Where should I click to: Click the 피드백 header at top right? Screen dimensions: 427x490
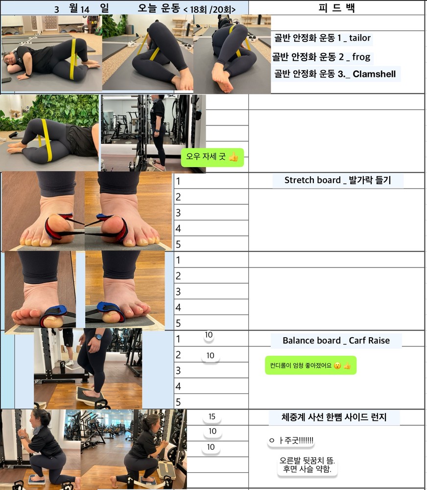pyautogui.click(x=336, y=7)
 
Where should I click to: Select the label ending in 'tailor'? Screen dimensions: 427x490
pyautogui.click(x=322, y=38)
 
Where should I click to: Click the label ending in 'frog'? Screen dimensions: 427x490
pyautogui.click(x=321, y=57)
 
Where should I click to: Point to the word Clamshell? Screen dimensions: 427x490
pyautogui.click(x=374, y=74)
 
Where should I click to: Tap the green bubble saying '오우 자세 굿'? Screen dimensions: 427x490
pyautogui.click(x=213, y=157)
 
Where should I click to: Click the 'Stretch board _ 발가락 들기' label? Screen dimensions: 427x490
pyautogui.click(x=337, y=180)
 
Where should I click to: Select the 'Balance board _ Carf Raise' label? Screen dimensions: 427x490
pyautogui.click(x=336, y=341)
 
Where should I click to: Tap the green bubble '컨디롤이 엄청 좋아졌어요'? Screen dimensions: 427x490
pyautogui.click(x=310, y=366)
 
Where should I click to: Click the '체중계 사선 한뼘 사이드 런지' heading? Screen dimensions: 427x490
pyautogui.click(x=334, y=417)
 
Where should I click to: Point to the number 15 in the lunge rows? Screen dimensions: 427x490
pyautogui.click(x=212, y=416)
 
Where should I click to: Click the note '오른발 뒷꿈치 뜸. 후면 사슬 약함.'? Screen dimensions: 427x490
pyautogui.click(x=307, y=465)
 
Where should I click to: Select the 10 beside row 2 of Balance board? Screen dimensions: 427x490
pyautogui.click(x=210, y=356)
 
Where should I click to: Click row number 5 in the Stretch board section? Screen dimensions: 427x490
pyautogui.click(x=178, y=245)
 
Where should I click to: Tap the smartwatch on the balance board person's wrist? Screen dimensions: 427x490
pyautogui.click(x=98, y=337)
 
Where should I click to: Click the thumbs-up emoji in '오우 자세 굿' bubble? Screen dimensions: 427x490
pyautogui.click(x=234, y=157)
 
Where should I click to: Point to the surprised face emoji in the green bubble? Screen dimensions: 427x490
pyautogui.click(x=337, y=366)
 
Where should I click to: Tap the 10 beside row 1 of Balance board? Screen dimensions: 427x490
pyautogui.click(x=209, y=335)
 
